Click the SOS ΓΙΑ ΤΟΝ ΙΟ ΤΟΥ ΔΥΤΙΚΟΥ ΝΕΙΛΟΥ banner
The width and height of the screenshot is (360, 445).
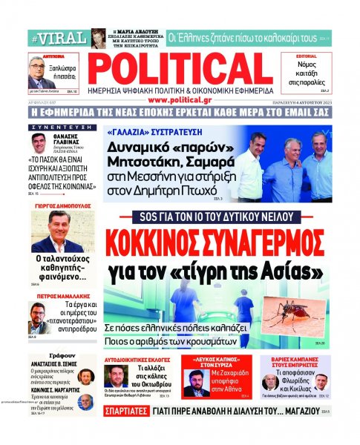click(x=222, y=219)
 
